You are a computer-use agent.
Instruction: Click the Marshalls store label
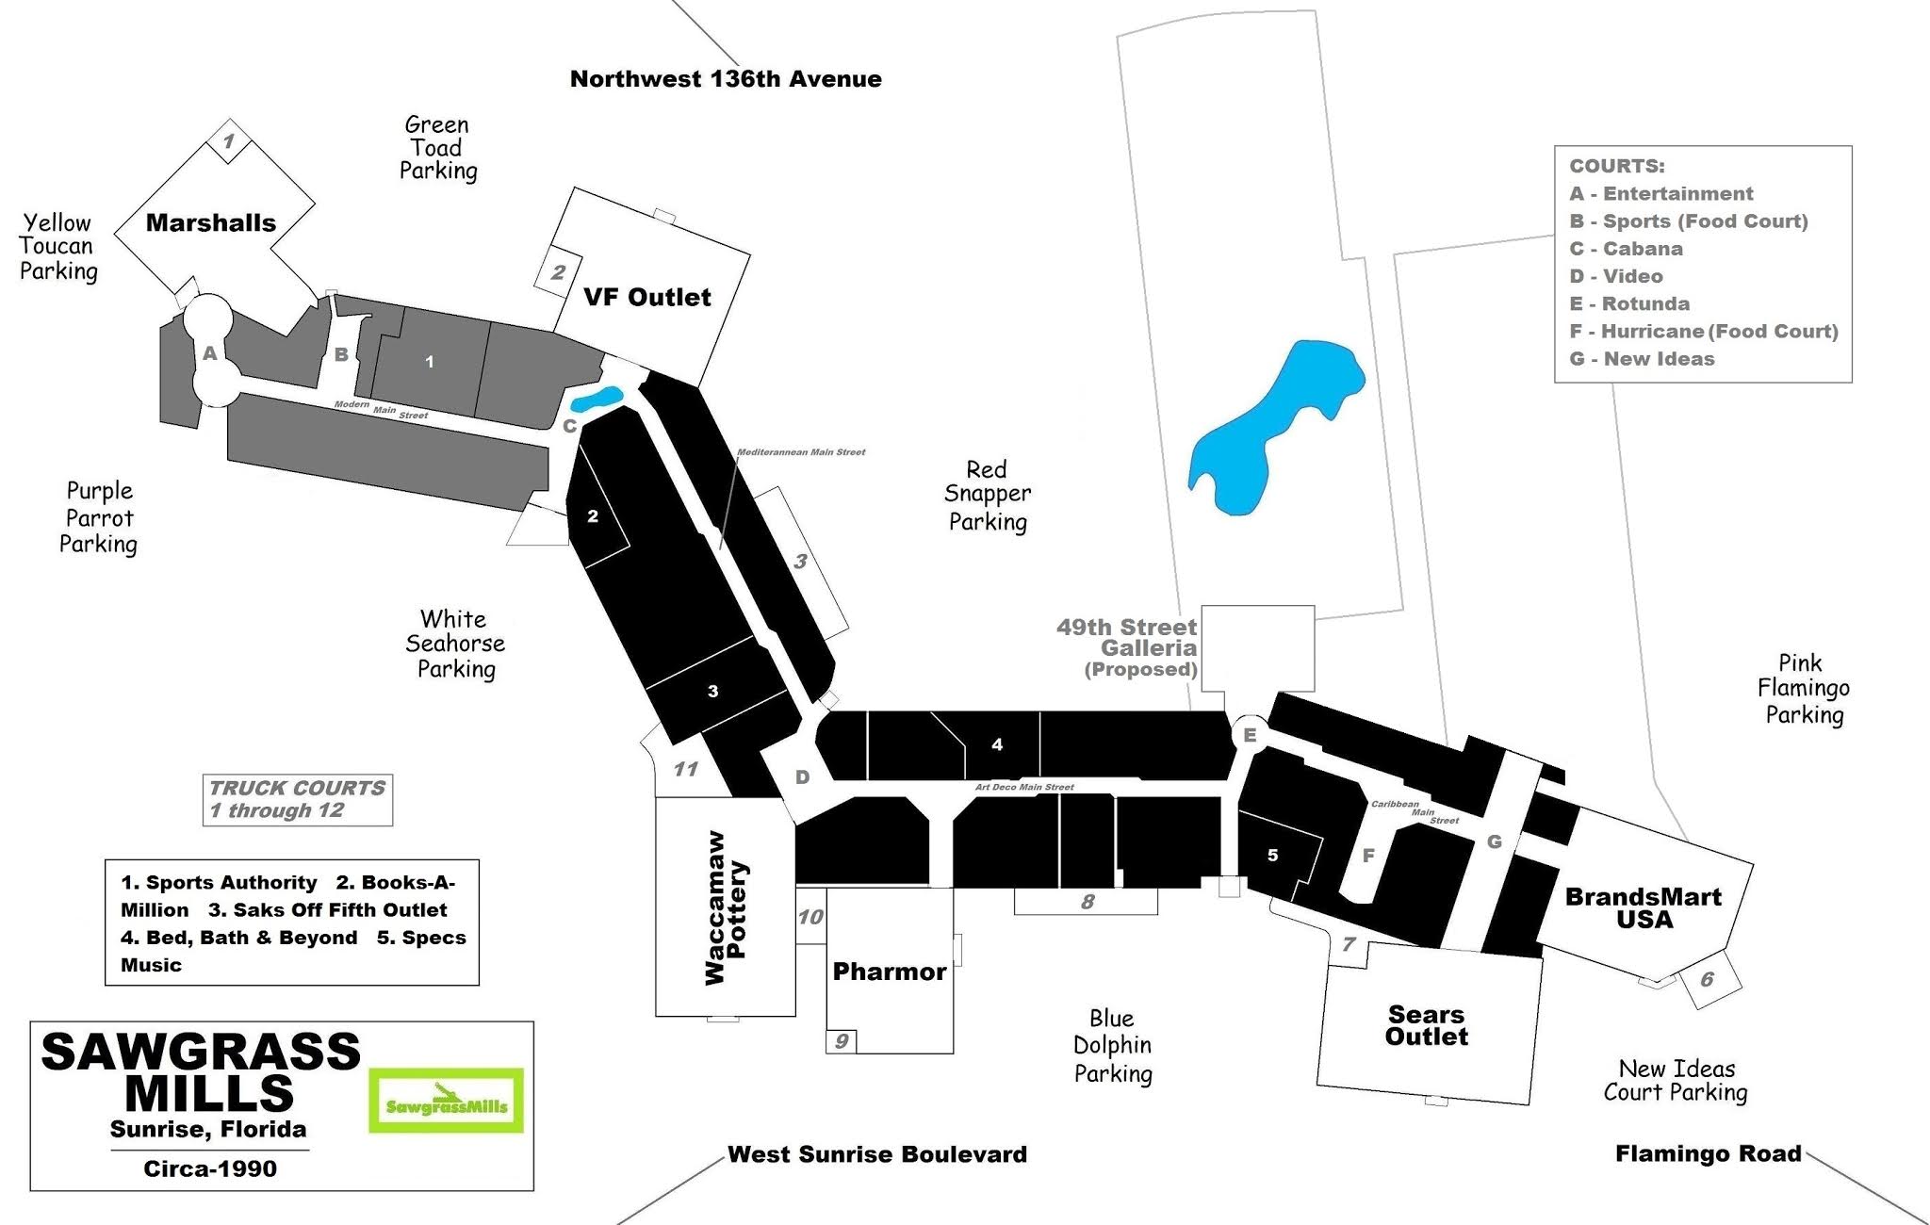(x=211, y=223)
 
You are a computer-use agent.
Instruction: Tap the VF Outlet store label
(x=646, y=298)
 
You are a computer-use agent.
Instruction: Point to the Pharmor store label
(x=889, y=972)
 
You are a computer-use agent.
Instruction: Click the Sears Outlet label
(x=1427, y=1025)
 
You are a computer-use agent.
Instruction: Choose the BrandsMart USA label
(x=1644, y=907)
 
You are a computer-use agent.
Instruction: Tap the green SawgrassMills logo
(x=446, y=1101)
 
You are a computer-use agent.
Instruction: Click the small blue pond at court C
(x=597, y=400)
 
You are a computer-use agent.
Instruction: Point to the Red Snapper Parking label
(x=988, y=496)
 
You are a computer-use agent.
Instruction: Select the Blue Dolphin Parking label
(x=1113, y=1046)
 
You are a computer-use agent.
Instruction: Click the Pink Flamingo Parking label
(x=1803, y=689)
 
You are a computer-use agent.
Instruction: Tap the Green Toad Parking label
(x=437, y=148)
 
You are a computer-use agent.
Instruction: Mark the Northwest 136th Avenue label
(x=726, y=79)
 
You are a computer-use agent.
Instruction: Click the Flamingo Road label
(x=1708, y=1154)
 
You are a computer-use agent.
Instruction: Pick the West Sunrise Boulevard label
(x=877, y=1154)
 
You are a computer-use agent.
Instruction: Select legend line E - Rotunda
(x=1629, y=303)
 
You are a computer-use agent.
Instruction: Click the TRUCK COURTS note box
(x=298, y=799)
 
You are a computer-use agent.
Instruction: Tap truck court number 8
(x=1088, y=902)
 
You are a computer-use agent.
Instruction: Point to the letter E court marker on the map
(x=1251, y=735)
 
